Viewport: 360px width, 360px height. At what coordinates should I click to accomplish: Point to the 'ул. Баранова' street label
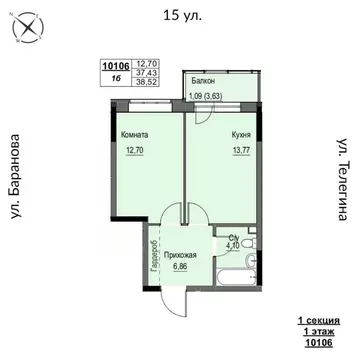click(19, 177)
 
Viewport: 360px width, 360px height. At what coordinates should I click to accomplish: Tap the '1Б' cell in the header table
click(116, 79)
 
